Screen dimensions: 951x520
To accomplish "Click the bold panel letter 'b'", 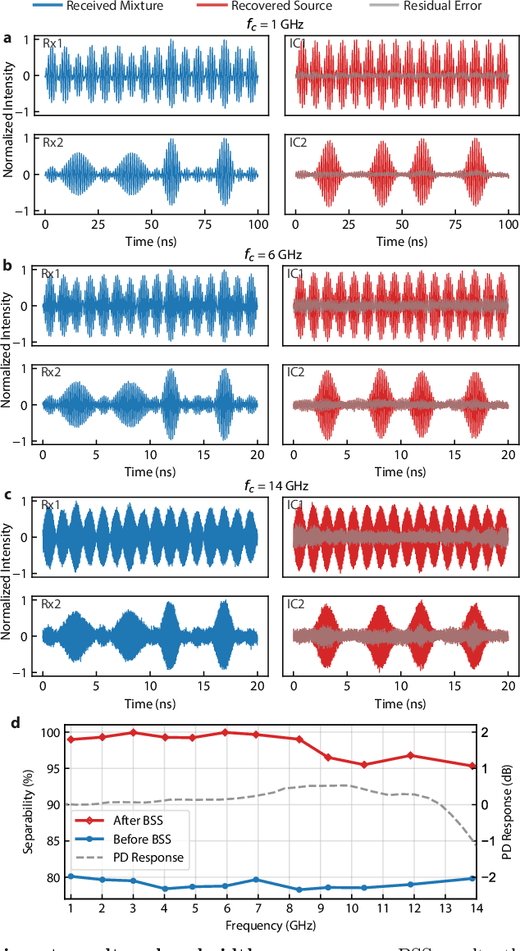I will pyautogui.click(x=7, y=266).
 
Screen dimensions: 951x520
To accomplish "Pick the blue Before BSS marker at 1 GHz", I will pyautogui.click(x=71, y=876).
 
